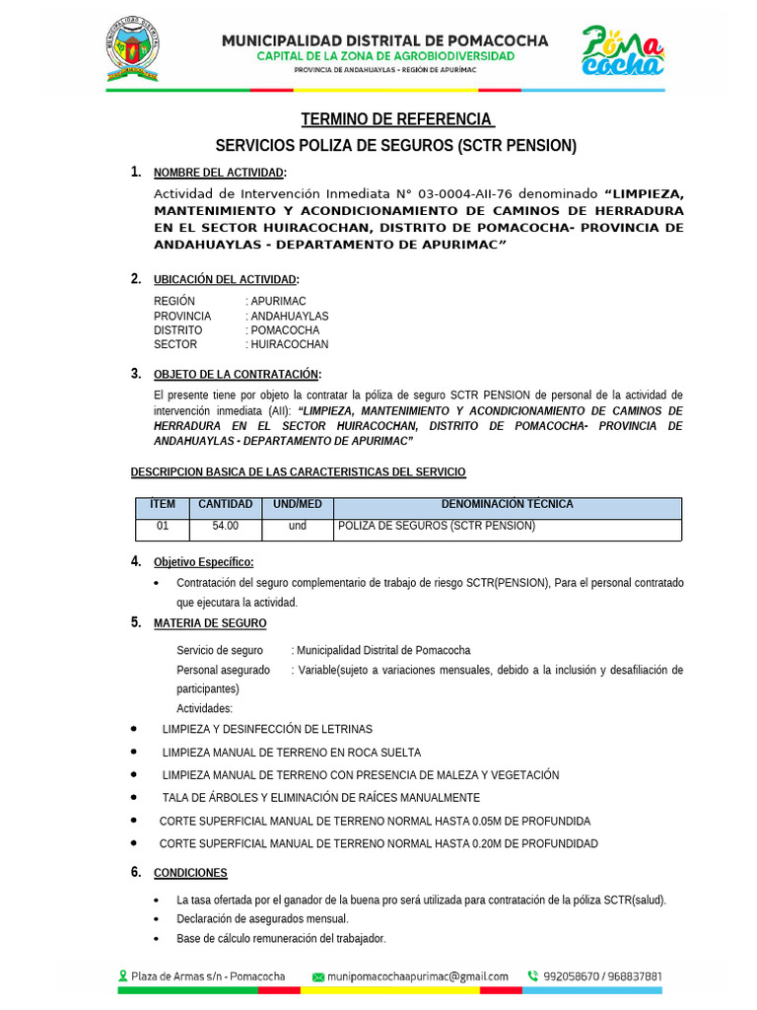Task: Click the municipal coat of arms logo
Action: [x=132, y=49]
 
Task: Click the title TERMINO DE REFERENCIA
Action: [x=396, y=119]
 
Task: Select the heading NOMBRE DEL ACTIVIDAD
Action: [x=219, y=174]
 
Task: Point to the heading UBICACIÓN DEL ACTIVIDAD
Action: [x=226, y=280]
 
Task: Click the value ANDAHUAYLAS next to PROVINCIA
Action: [x=289, y=316]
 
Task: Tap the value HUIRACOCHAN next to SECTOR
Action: [x=289, y=344]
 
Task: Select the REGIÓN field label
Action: [x=174, y=301]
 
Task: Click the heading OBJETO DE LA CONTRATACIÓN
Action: [x=237, y=375]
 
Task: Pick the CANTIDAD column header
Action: [x=225, y=505]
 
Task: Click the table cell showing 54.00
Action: [x=225, y=527]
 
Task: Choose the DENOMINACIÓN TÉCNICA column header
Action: [x=507, y=505]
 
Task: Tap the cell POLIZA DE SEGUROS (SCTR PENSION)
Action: [x=436, y=527]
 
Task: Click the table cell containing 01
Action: [x=163, y=527]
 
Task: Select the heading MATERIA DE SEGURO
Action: [x=209, y=623]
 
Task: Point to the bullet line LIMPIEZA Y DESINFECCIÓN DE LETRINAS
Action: [x=267, y=729]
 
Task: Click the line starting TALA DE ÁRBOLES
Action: [x=321, y=797]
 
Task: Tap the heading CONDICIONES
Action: [x=190, y=873]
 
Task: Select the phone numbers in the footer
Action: [x=602, y=976]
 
